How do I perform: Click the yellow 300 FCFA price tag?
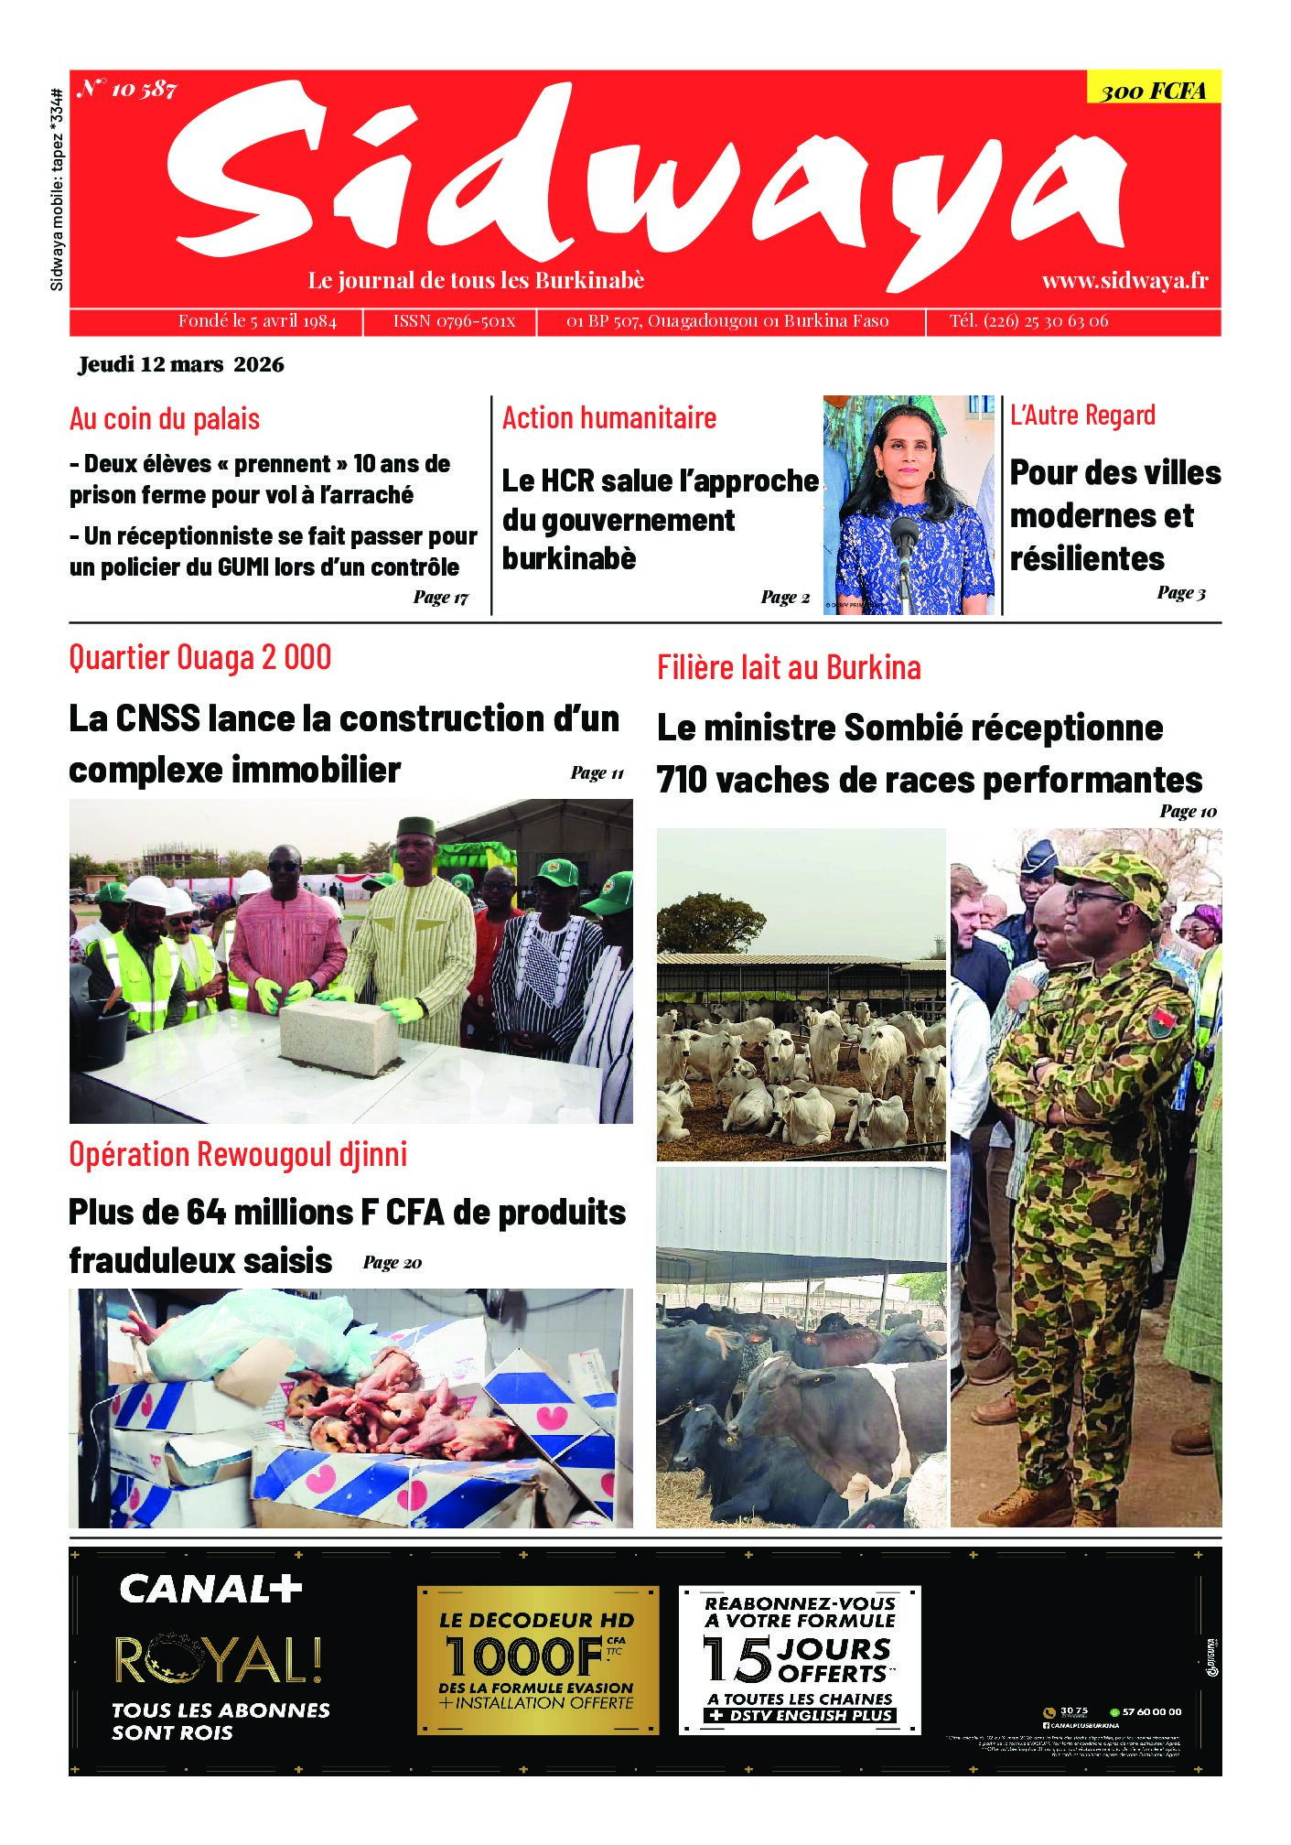pos(1153,90)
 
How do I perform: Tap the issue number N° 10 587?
pos(127,89)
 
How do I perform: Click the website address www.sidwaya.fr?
pos(1124,280)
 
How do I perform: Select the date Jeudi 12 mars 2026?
pos(181,364)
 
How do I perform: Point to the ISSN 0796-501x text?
pos(454,321)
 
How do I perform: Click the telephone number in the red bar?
pos(1028,321)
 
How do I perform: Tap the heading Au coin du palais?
pos(165,419)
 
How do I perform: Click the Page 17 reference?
pos(440,598)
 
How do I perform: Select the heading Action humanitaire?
pos(609,418)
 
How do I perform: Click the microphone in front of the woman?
pos(904,534)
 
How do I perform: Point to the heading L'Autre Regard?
pos(1082,415)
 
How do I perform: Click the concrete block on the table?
pos(338,1036)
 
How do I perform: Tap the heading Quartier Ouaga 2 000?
pos(200,657)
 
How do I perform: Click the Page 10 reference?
pos(1188,811)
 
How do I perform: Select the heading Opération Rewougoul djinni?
pos(238,1154)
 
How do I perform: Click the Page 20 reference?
pos(392,1263)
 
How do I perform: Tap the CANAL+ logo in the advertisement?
pos(210,1589)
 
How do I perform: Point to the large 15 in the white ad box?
pos(737,1660)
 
